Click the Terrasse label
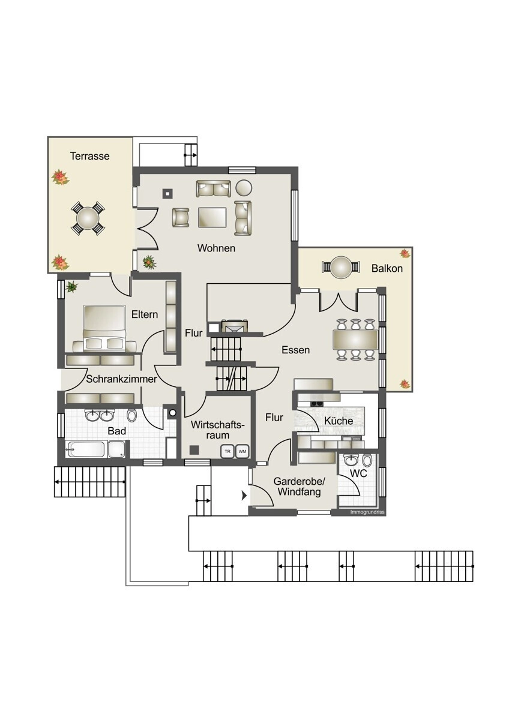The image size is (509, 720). click(89, 156)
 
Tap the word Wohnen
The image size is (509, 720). click(216, 248)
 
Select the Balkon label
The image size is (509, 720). click(387, 268)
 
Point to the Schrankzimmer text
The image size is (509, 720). click(121, 379)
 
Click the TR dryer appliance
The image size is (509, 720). click(227, 451)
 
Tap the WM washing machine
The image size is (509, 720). click(242, 451)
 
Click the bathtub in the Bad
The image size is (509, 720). click(85, 449)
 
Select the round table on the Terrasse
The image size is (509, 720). click(88, 218)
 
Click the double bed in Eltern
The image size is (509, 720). click(104, 328)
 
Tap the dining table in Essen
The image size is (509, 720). click(356, 340)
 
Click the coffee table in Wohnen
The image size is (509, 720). click(212, 217)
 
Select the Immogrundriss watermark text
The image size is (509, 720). click(367, 512)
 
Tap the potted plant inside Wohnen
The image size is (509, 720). click(149, 262)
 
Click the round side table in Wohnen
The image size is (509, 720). click(244, 187)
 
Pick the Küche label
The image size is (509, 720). click(339, 421)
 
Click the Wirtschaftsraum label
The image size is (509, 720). click(218, 430)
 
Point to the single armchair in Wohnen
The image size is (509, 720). click(181, 217)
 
